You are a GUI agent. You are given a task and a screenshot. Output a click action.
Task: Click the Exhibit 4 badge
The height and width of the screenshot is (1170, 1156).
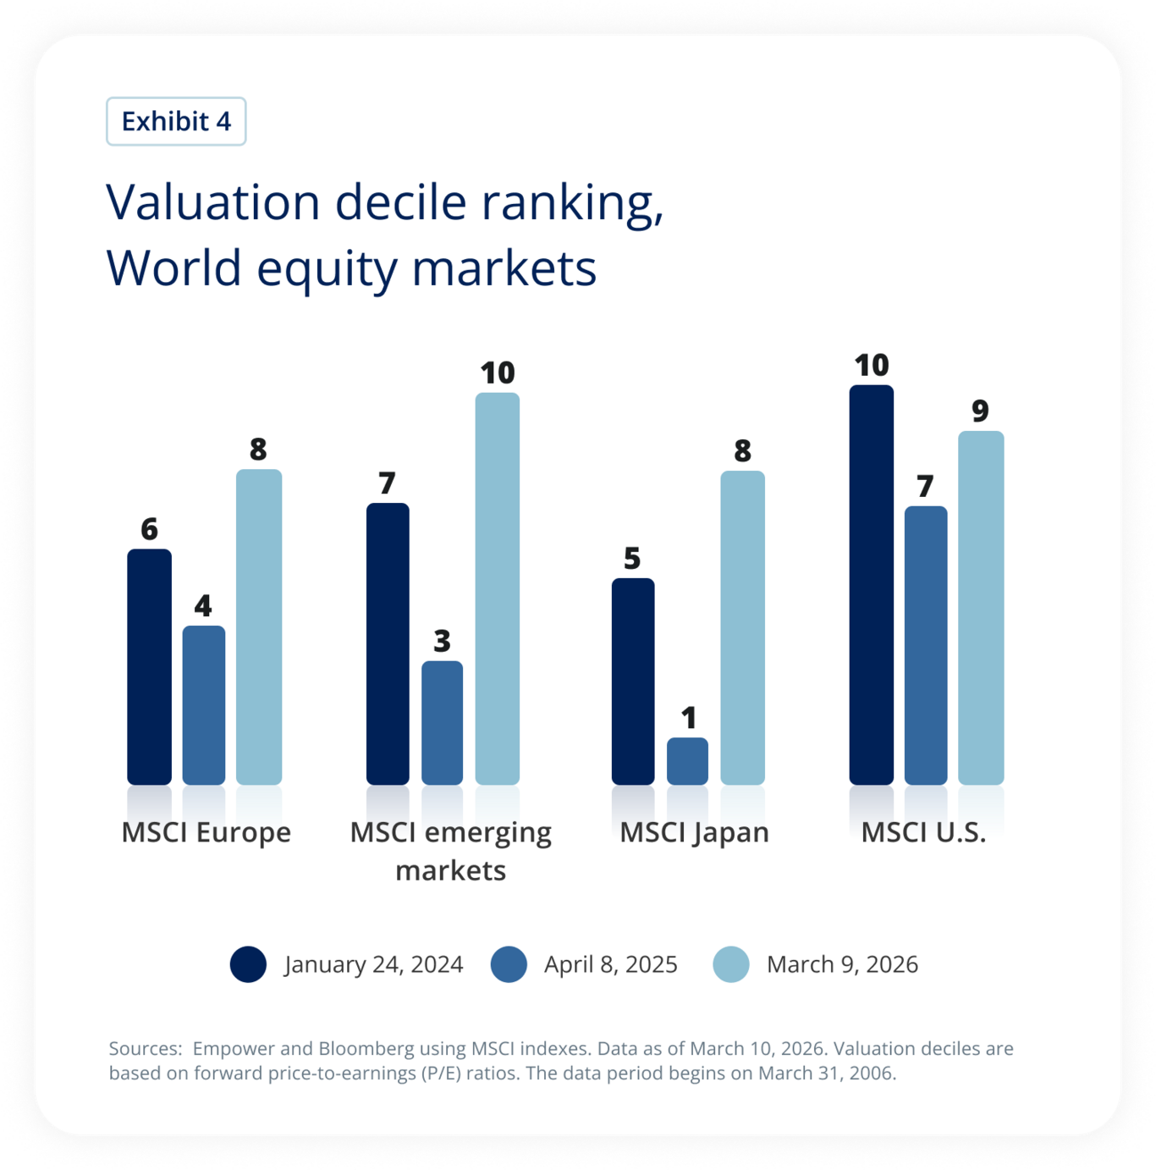point(176,121)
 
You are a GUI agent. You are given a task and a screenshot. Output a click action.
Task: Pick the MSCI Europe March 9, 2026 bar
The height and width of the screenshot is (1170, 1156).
point(259,626)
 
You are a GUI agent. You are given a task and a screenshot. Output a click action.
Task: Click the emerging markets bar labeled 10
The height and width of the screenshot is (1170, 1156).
point(498,588)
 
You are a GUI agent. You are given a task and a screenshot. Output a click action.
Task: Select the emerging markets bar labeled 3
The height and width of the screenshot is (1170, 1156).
point(442,723)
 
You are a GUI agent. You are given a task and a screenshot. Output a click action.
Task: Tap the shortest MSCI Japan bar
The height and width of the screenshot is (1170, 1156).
point(687,761)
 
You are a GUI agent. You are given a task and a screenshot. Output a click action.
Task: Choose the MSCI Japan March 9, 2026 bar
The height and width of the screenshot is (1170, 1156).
point(742,627)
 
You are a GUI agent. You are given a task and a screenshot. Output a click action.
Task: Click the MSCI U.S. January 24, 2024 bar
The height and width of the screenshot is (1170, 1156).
point(872,585)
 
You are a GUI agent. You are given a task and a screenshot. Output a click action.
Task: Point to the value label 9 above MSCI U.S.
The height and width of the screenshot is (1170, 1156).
point(980,411)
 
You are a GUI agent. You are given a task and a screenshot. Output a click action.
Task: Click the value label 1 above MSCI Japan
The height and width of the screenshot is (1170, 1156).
point(689,718)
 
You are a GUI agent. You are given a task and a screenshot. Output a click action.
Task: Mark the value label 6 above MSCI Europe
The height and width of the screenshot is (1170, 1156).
point(149,529)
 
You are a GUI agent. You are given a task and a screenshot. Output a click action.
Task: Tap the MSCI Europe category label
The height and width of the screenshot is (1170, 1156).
point(206,832)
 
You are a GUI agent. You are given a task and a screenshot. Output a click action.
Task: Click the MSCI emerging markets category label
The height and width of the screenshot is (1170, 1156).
point(450,851)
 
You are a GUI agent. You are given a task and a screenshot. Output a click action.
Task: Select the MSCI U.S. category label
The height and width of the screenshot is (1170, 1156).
point(923,832)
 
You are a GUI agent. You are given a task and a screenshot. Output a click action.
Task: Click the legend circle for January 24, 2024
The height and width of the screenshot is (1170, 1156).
point(248,964)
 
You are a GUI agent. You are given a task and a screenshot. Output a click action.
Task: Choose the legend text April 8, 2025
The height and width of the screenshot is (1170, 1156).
point(610,964)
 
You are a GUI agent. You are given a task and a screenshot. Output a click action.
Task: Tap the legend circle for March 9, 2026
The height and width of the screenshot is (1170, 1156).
point(731,964)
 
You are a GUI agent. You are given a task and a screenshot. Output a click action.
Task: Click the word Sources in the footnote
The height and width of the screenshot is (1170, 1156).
point(144,1049)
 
